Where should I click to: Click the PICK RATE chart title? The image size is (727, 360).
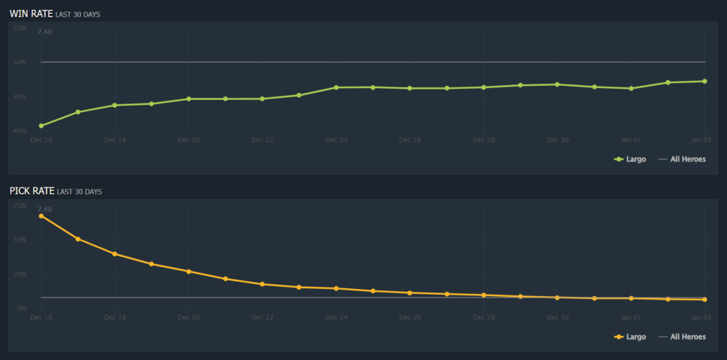point(33,191)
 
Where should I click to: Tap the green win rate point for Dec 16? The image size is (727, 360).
point(41,126)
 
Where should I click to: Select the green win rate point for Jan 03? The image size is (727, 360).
point(704,81)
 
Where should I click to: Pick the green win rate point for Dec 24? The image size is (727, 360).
point(336,87)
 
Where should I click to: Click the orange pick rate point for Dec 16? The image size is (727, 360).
point(41,216)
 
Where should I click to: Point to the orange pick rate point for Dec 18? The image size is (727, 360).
point(115,253)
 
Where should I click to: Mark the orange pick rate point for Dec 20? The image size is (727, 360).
point(189,271)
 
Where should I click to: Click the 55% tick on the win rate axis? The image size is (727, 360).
point(19,28)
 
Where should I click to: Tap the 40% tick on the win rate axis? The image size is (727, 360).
point(19,131)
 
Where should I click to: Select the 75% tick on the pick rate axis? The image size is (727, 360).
point(19,206)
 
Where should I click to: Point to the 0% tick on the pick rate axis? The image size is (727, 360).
point(21,308)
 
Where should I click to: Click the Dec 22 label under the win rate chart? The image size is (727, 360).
point(262,140)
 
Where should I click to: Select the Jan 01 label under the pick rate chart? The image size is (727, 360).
point(630,317)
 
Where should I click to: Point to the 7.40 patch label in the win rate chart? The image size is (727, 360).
point(45,32)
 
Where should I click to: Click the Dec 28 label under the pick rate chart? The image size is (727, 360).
point(483,317)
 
